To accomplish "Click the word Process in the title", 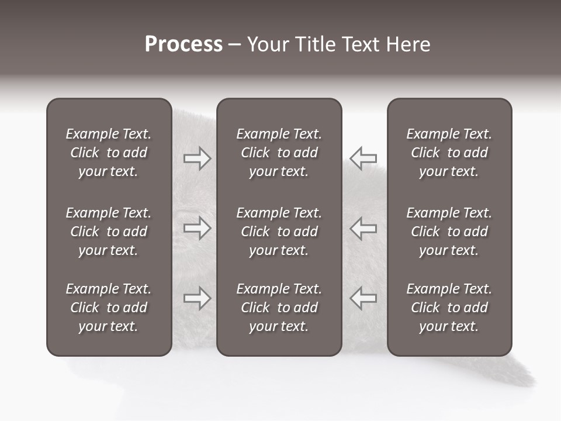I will (x=183, y=44).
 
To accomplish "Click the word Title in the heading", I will (x=315, y=44).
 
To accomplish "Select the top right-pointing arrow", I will (x=198, y=158).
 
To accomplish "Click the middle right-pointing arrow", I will (x=198, y=228).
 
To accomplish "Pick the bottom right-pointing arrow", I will (x=198, y=298).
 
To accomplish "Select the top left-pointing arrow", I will (x=363, y=158).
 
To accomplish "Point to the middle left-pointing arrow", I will (x=363, y=228).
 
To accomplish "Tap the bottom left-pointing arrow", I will (x=363, y=298).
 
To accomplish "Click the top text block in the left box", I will (x=109, y=153).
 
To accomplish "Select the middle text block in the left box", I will (x=109, y=232).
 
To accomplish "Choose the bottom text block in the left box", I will (x=109, y=308).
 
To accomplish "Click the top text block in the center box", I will (x=279, y=153).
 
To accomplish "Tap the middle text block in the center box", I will (x=279, y=232).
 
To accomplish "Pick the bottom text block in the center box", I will (x=279, y=308).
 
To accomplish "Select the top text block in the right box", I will (x=449, y=153).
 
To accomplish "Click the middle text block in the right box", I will (x=449, y=232).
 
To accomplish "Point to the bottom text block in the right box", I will (x=449, y=308).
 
